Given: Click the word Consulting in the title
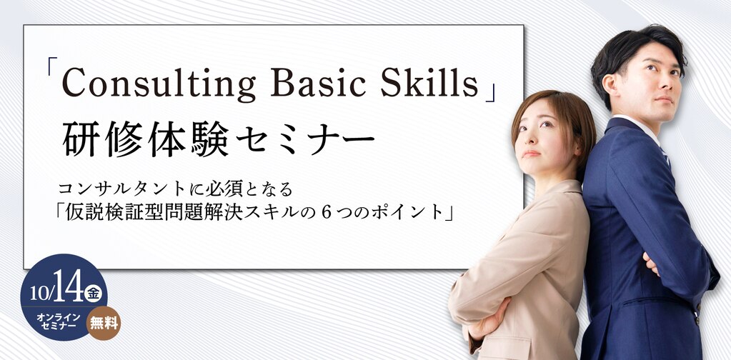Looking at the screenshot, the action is [159, 84].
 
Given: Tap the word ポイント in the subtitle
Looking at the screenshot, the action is [410, 212].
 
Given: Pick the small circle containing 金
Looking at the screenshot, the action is [94, 293].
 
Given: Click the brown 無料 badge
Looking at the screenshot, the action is [103, 323].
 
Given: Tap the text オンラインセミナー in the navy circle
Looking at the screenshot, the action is [59, 321].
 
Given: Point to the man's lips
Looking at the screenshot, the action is [665, 100].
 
